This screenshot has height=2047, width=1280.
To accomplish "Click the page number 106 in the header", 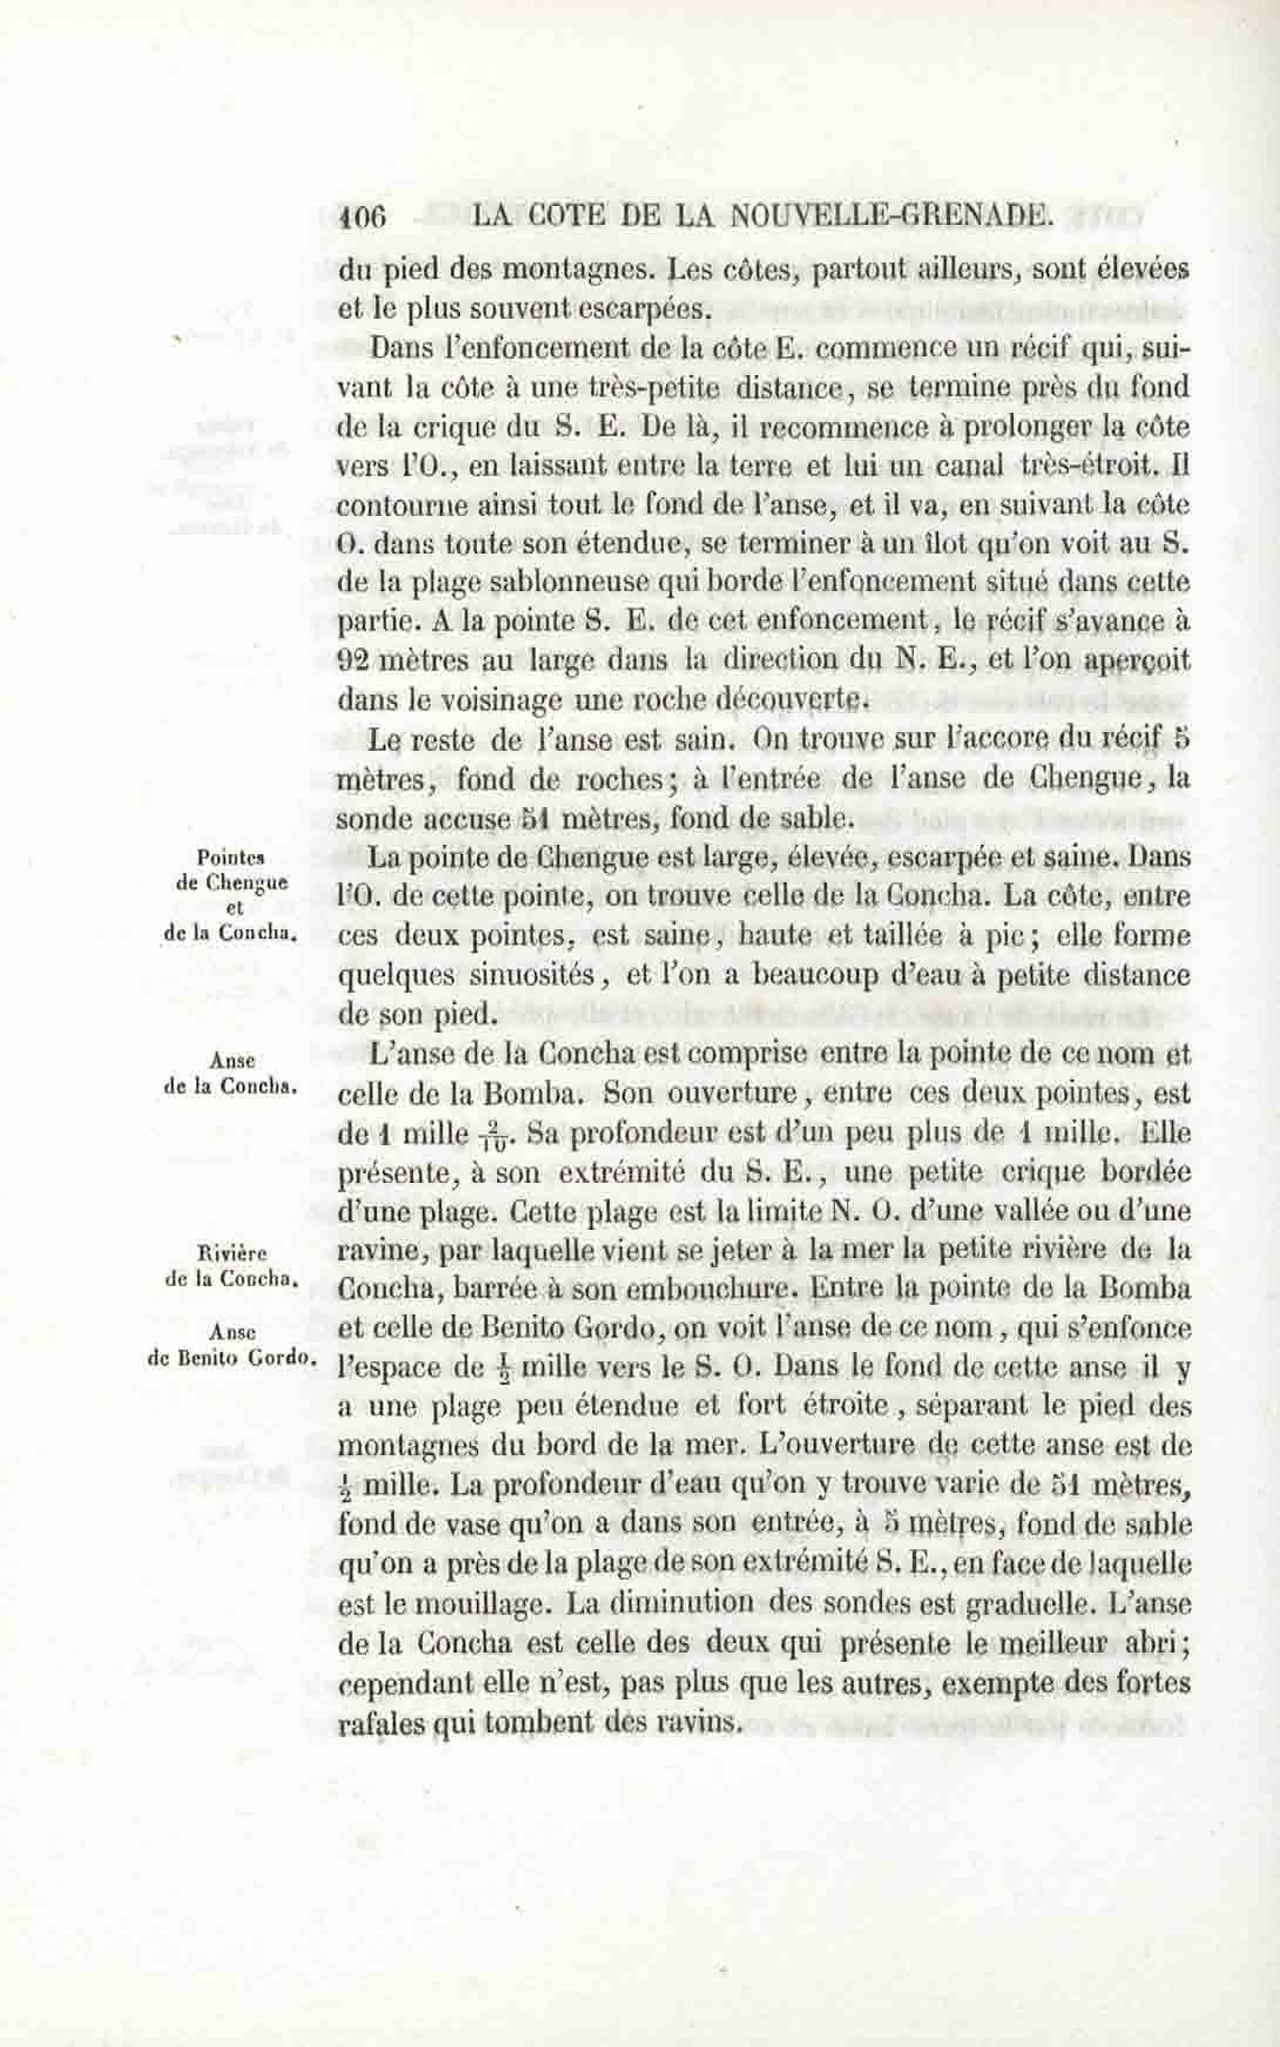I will click(362, 218).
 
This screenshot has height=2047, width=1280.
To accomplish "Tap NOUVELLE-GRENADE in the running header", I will click(890, 218).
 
